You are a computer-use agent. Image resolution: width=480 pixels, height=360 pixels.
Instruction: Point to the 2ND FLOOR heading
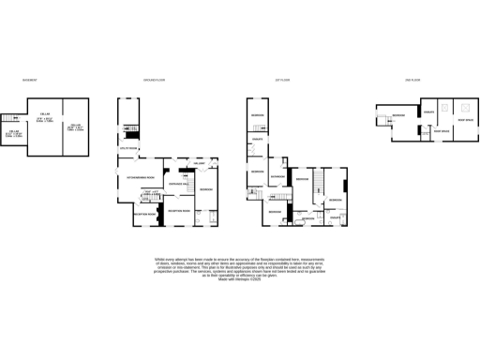point(412,81)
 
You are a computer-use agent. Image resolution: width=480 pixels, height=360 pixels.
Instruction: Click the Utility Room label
point(127,149)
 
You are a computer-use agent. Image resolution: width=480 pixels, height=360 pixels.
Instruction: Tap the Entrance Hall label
point(179,185)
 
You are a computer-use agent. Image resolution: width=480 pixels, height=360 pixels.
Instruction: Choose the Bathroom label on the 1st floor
point(277,175)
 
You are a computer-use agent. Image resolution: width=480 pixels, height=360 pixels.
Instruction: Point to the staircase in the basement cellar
point(8,117)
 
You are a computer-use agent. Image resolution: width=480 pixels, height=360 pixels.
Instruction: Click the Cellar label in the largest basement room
point(43,117)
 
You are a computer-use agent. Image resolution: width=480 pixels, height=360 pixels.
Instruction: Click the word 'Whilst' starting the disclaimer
point(159,258)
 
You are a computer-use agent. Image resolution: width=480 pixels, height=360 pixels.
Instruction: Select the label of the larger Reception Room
point(178,211)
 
